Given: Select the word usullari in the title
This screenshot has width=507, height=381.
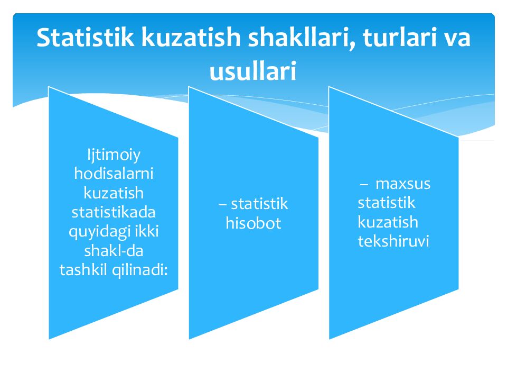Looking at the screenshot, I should coord(253,71).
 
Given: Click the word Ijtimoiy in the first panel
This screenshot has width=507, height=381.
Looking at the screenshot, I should coord(114,156).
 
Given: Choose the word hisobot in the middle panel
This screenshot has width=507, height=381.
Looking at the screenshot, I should coord(253,223).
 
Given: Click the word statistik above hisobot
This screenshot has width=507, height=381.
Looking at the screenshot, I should coord(259,204).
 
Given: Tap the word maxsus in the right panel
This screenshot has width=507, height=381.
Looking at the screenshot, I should coord(402,184).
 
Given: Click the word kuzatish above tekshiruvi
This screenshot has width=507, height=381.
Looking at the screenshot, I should coord(388,222).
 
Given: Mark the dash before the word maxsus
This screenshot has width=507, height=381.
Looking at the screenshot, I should coord(363,185).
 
